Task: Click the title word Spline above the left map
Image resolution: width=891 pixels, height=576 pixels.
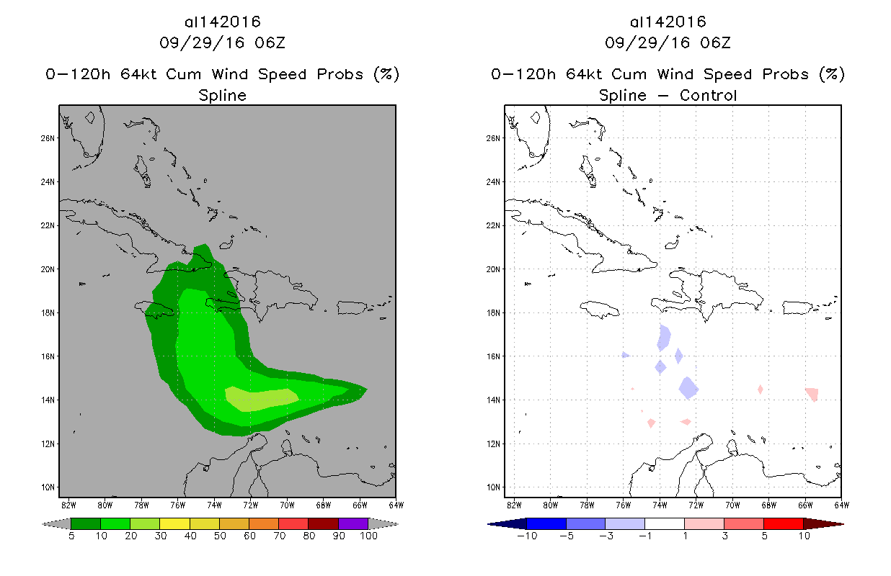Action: coord(222,95)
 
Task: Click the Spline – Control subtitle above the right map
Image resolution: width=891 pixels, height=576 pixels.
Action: coord(668,95)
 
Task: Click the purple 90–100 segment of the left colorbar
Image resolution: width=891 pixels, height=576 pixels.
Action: coord(353,523)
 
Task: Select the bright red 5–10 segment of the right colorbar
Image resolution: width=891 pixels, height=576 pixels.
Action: coord(783,523)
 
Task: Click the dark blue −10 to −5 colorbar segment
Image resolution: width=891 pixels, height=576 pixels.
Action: coord(546,523)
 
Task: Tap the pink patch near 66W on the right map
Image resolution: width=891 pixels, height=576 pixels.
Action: coord(812,394)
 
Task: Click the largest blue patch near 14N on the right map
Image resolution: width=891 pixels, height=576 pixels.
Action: coord(689,387)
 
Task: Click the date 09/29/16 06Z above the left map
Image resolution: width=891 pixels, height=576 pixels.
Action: coord(222,42)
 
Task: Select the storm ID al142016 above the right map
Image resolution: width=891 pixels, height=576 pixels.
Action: coord(668,22)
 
